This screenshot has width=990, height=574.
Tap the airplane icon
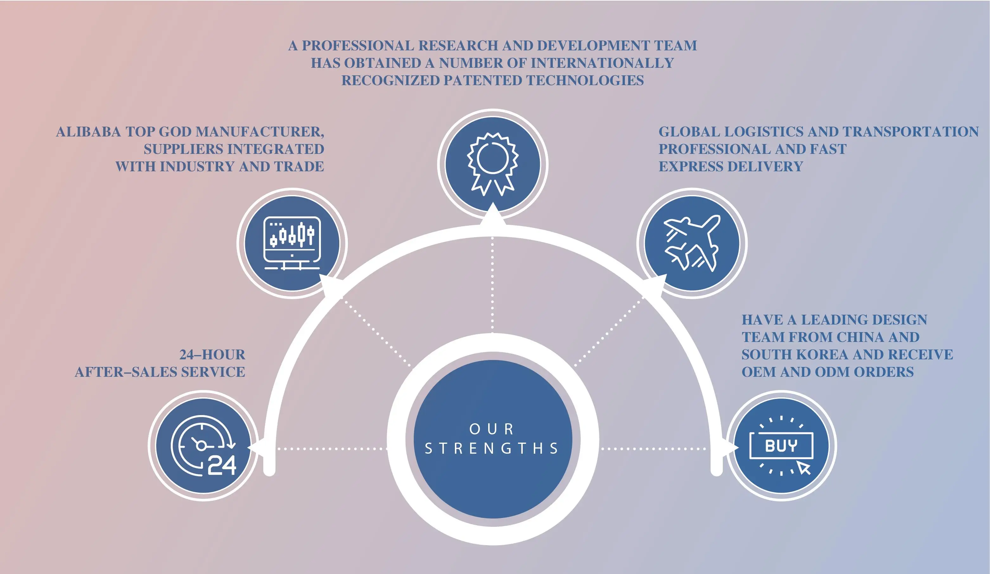pos(692,243)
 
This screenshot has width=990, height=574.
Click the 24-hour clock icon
pos(203,445)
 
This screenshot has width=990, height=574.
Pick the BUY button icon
pos(782,445)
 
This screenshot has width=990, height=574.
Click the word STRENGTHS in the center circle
pos(492,448)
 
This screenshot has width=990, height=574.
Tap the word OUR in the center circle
pos(492,429)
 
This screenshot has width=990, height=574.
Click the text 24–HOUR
pos(212,355)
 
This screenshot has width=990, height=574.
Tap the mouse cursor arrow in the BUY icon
pos(804,468)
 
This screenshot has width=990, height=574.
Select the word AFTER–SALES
pos(126,372)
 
